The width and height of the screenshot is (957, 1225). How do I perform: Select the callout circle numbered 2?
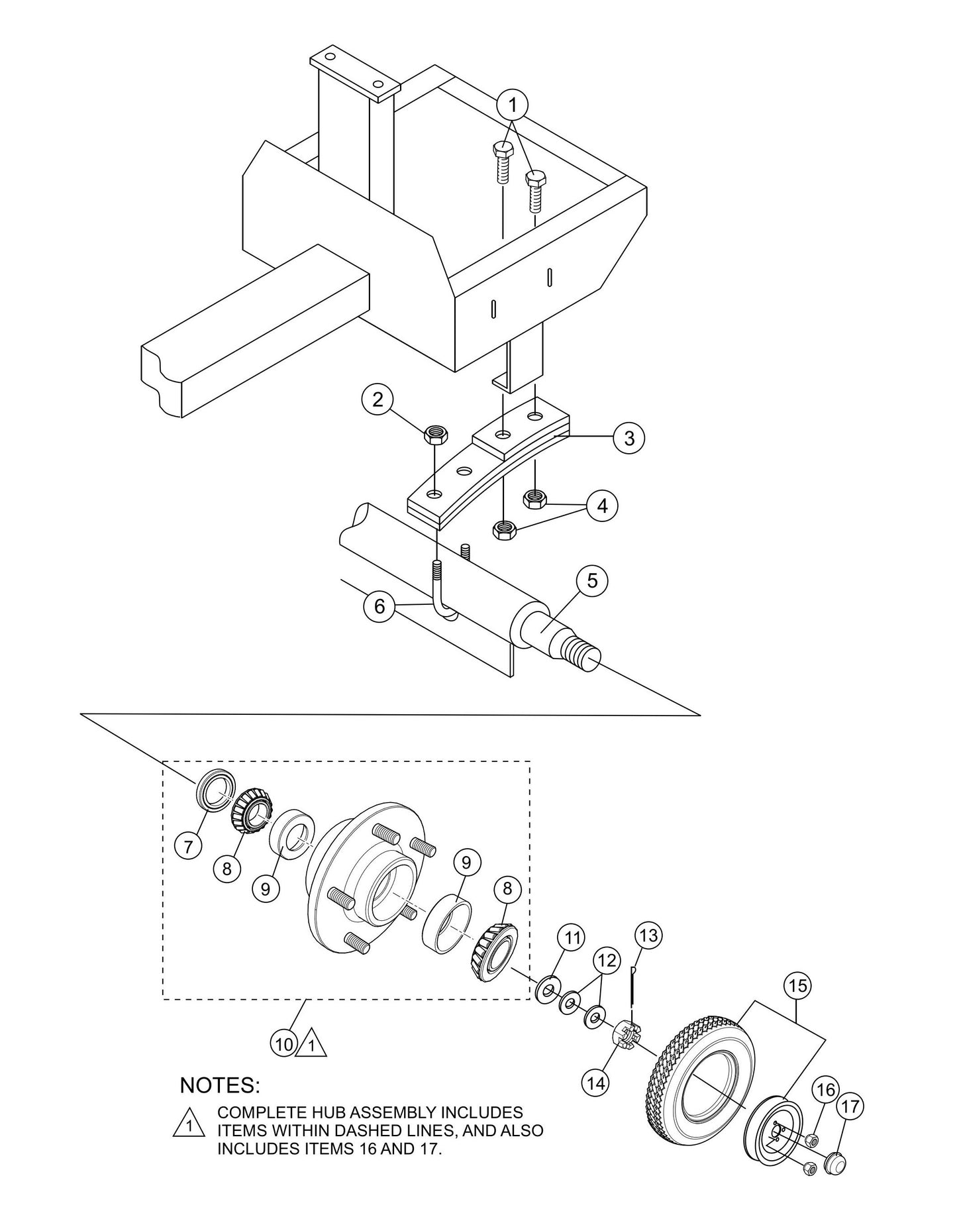[378, 399]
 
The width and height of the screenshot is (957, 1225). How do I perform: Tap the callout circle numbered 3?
[629, 438]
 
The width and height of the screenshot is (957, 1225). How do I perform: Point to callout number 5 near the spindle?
[592, 580]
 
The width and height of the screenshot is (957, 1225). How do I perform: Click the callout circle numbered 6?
[379, 607]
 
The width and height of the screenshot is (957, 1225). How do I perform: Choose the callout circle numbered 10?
[284, 1044]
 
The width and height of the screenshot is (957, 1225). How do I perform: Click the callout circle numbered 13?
[649, 935]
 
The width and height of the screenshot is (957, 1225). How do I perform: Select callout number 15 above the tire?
[799, 985]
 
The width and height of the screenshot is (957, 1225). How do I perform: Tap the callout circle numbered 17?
[852, 1106]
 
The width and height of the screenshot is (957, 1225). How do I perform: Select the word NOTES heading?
[220, 1085]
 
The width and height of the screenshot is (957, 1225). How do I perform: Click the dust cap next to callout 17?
[835, 1144]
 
